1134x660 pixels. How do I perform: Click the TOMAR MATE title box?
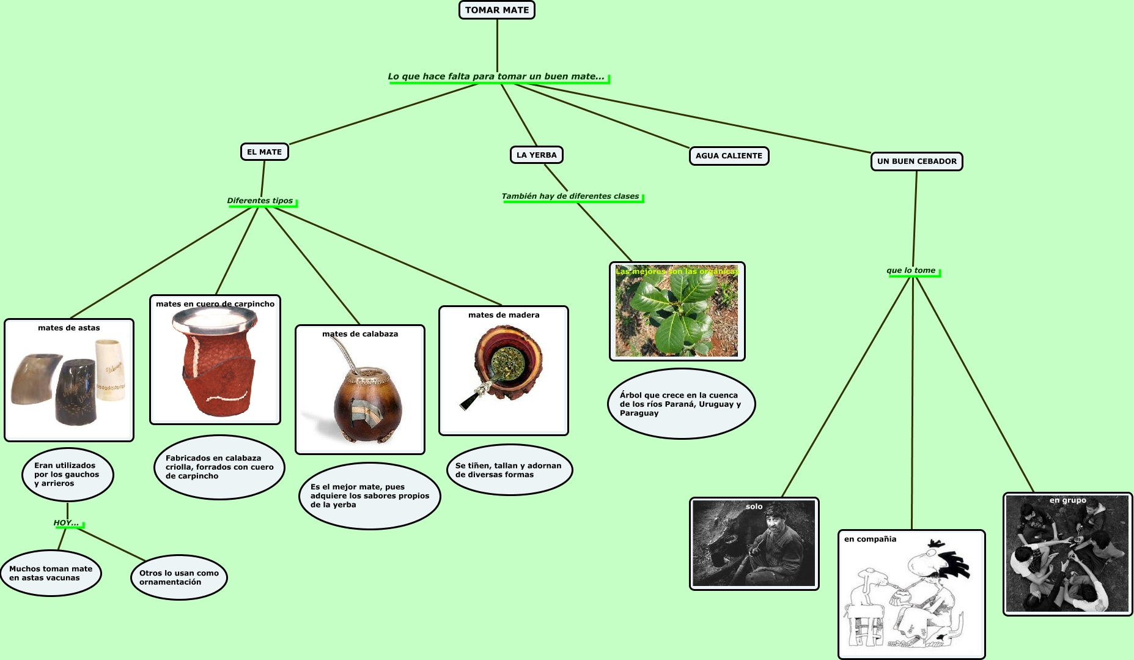tap(496, 10)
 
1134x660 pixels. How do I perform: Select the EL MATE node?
tap(264, 152)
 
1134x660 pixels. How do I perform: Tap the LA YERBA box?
tap(536, 155)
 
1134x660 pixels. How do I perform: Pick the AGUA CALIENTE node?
tap(728, 155)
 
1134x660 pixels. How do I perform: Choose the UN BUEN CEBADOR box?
tap(916, 161)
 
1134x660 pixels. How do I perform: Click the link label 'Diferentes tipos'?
tap(260, 201)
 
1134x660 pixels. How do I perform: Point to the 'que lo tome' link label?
tap(910, 270)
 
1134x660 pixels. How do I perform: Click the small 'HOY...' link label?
tap(66, 523)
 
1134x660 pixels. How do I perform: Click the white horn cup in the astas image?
tap(110, 370)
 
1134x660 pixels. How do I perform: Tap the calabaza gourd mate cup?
tap(367, 401)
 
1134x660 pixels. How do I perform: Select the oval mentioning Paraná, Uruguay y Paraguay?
tap(681, 404)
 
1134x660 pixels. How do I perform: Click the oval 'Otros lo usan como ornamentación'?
tap(179, 577)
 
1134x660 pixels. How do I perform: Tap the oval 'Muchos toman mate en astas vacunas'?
tap(51, 573)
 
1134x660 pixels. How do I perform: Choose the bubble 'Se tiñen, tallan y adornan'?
tap(509, 470)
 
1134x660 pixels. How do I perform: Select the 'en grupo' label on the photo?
tap(1067, 500)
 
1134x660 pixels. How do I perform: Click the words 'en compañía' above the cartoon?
tap(870, 539)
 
